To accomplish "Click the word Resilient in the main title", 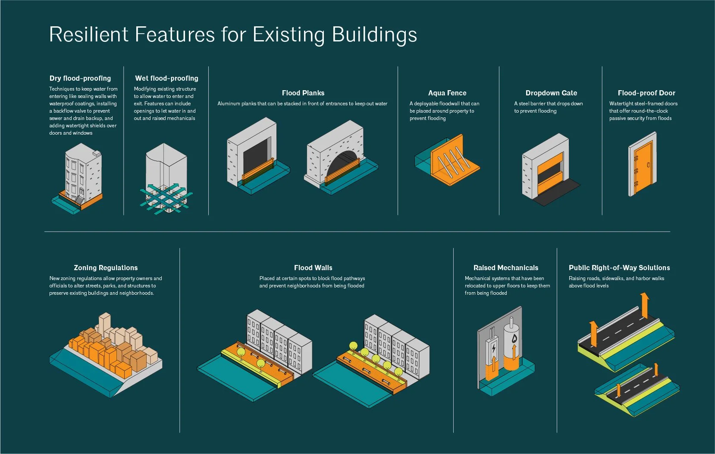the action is pyautogui.click(x=89, y=35).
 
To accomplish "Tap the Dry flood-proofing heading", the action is pyautogui.click(x=80, y=78).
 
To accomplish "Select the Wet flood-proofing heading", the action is pyautogui.click(x=166, y=78).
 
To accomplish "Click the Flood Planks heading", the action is pyautogui.click(x=303, y=93).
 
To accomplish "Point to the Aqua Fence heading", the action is pyautogui.click(x=447, y=93).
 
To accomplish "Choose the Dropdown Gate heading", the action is pyautogui.click(x=551, y=93).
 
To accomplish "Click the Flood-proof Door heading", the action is pyautogui.click(x=646, y=93).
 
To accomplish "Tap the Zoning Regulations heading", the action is pyautogui.click(x=106, y=268).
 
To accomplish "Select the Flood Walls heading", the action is pyautogui.click(x=313, y=268).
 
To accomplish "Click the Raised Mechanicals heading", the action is pyautogui.click(x=506, y=268).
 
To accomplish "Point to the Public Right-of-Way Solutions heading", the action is pyautogui.click(x=619, y=268).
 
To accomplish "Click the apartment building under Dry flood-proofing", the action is pyautogui.click(x=82, y=173).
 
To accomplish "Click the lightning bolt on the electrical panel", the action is pyautogui.click(x=494, y=348).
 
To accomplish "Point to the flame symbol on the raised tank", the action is pyautogui.click(x=514, y=339).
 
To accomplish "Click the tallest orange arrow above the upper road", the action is pyautogui.click(x=644, y=304).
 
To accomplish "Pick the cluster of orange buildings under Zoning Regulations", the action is pyautogui.click(x=103, y=352).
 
